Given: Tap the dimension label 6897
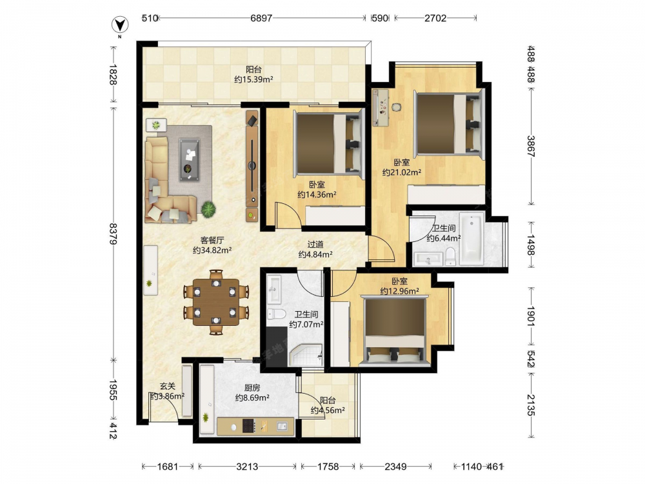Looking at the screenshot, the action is click(261, 18).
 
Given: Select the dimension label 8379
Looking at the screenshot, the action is click(113, 234).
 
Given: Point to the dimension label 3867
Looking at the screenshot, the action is click(531, 146).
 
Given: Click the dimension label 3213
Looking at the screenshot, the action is click(247, 467).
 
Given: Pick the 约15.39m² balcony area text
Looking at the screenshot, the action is click(253, 79).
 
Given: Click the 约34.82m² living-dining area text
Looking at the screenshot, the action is click(212, 250).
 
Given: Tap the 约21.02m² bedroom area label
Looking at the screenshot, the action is click(401, 172).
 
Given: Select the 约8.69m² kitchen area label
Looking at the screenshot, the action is click(252, 398).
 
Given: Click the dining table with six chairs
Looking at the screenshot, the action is click(216, 302).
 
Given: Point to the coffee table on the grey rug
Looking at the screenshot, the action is click(189, 159).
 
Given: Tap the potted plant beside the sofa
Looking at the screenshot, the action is click(208, 210).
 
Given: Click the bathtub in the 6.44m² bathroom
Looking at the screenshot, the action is click(472, 238).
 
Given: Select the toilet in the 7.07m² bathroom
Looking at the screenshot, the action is click(277, 314).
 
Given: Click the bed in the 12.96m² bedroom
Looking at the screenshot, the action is click(395, 330).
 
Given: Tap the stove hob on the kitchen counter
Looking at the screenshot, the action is click(248, 426).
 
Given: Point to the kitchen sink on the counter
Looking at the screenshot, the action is click(283, 427).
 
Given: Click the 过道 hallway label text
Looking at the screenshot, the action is click(315, 244).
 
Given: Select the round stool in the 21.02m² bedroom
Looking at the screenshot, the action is click(396, 107).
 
